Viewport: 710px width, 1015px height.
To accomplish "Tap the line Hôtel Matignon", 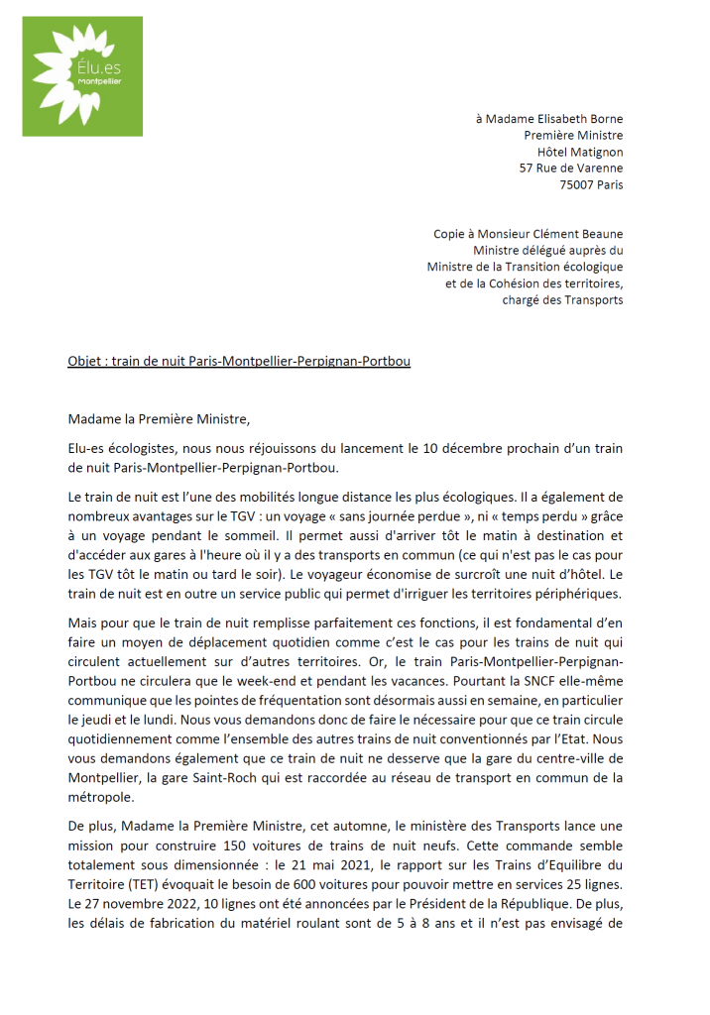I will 580,152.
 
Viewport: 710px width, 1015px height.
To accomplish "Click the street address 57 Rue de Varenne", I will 571,169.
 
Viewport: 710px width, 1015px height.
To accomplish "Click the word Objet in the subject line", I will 84,362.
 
